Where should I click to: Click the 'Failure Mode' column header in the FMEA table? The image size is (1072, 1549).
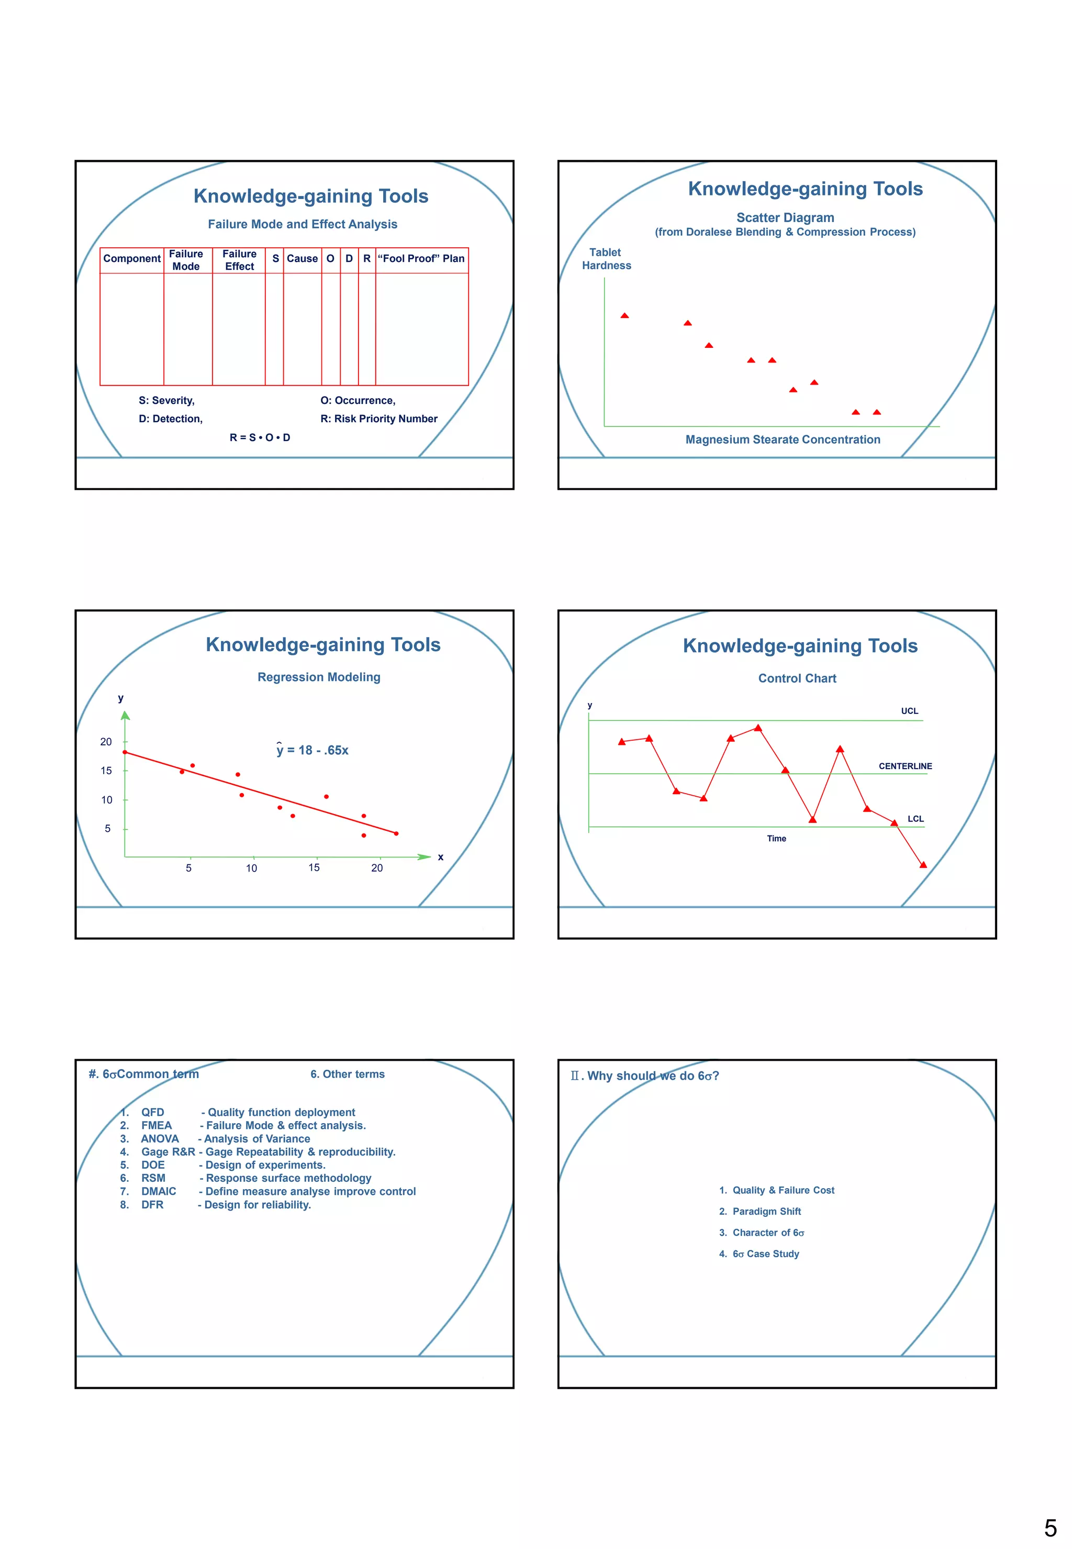(x=186, y=260)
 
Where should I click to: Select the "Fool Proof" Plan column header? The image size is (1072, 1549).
(x=421, y=259)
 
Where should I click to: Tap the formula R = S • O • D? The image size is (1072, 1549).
(x=260, y=437)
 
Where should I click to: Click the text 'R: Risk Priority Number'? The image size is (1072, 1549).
(x=379, y=419)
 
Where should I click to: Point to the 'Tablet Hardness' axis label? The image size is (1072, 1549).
(x=606, y=259)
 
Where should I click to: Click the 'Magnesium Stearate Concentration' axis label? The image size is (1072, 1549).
(x=783, y=440)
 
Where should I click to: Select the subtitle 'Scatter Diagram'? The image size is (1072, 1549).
(x=785, y=218)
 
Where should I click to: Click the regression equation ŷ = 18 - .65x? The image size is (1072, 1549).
(x=312, y=750)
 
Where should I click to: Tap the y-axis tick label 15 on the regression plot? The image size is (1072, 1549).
(x=106, y=771)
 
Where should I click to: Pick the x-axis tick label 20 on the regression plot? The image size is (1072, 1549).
(x=377, y=868)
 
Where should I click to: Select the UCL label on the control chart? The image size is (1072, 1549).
(x=909, y=711)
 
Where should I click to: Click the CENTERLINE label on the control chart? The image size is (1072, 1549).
(x=904, y=766)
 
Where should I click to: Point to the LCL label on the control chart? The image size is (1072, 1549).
(x=915, y=819)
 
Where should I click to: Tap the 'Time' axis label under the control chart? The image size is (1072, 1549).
(x=776, y=839)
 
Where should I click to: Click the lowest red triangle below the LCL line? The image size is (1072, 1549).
(x=923, y=865)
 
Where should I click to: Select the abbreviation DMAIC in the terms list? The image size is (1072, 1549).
(x=159, y=1192)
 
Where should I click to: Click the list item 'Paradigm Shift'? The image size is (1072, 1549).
(x=766, y=1212)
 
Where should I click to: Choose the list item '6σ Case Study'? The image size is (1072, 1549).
(x=766, y=1254)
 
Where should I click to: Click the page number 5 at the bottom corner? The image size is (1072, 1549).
(x=1051, y=1529)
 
